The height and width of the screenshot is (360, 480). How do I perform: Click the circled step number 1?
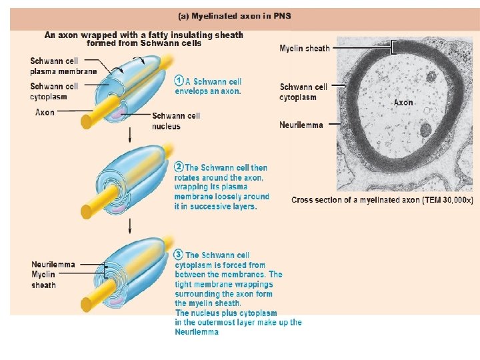click(179, 81)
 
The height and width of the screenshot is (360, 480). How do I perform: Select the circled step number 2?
click(179, 167)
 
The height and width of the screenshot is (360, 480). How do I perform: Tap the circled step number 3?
click(179, 254)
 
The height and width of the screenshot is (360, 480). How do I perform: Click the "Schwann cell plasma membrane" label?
click(63, 66)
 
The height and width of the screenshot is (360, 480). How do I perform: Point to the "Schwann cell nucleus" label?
click(176, 121)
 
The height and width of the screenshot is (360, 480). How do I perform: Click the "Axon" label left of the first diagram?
click(45, 113)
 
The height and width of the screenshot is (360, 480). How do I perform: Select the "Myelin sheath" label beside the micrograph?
click(304, 49)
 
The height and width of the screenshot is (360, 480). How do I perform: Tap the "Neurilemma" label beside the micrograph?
click(301, 125)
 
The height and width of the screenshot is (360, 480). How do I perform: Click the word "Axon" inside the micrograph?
click(403, 103)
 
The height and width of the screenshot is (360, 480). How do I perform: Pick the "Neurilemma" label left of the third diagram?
click(53, 265)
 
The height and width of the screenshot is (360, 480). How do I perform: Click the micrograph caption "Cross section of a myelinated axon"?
click(382, 200)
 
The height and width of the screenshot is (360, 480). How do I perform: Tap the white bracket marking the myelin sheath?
click(395, 47)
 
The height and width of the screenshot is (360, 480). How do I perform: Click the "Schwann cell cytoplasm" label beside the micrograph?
click(303, 92)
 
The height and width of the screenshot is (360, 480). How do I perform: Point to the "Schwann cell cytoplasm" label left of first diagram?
click(54, 91)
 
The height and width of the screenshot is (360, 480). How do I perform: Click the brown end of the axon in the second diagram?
click(86, 212)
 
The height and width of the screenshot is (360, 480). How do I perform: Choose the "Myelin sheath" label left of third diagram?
click(44, 279)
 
